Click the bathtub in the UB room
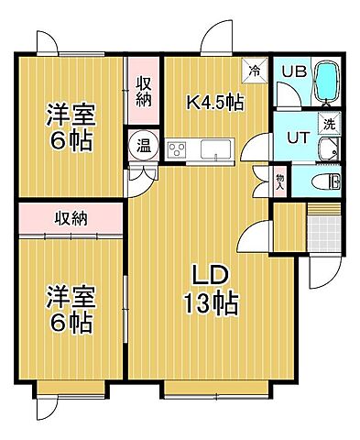pyautogui.click(x=327, y=82)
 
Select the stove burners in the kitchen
pyautogui.click(x=177, y=148)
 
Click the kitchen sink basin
pyautogui.click(x=217, y=148)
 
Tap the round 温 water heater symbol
pyautogui.click(x=144, y=144)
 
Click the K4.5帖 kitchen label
pyautogui.click(x=215, y=102)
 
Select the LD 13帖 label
pyautogui.click(x=215, y=289)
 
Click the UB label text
pyautogui.click(x=291, y=71)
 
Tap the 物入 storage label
pyautogui.click(x=280, y=178)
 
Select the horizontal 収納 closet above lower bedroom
pyautogui.click(x=71, y=218)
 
